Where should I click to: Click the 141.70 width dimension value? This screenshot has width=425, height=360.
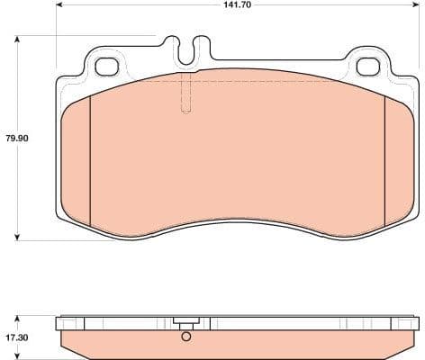236,5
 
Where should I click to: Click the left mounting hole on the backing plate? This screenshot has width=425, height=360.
106,66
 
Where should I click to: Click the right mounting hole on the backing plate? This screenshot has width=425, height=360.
367,66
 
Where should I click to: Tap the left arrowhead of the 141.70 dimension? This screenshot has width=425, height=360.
59,5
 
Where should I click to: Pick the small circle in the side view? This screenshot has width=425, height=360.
186,338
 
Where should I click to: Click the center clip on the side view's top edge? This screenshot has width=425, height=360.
186,324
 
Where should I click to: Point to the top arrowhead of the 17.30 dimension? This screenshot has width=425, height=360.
17,319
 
